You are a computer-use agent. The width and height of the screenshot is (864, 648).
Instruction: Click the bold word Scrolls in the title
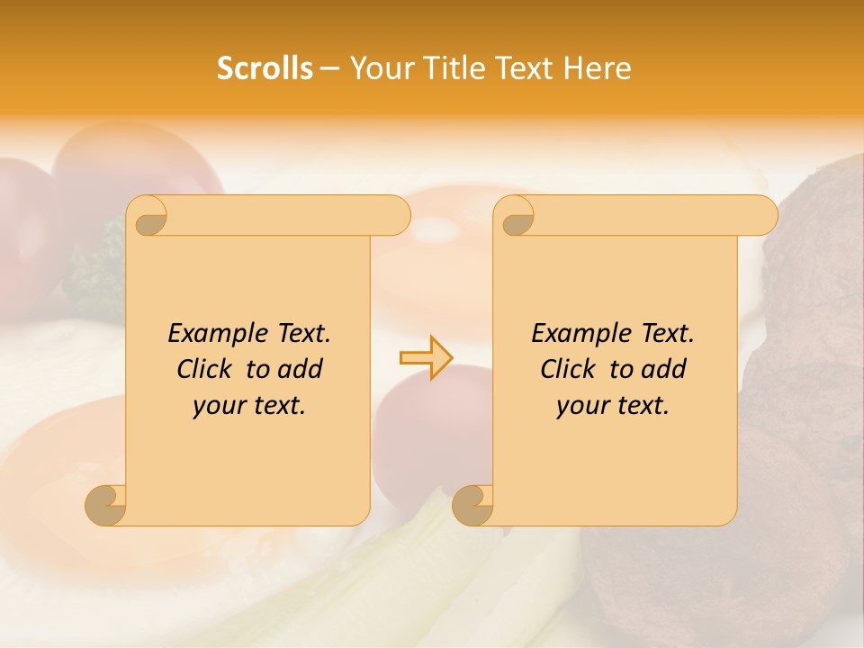pos(265,68)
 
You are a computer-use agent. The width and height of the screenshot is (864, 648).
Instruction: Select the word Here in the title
pos(598,68)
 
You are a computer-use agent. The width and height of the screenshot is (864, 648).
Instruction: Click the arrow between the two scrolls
pos(426,357)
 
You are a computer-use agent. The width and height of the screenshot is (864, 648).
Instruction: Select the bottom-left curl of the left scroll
pos(106,504)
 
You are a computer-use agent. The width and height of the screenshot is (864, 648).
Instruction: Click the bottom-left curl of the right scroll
pos(472,504)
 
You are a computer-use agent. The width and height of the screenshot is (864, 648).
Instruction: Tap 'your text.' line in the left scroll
pos(249,406)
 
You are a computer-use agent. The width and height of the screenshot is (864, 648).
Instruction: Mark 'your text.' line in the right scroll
pos(613,406)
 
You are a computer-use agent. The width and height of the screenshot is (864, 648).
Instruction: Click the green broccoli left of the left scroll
pos(94,270)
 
